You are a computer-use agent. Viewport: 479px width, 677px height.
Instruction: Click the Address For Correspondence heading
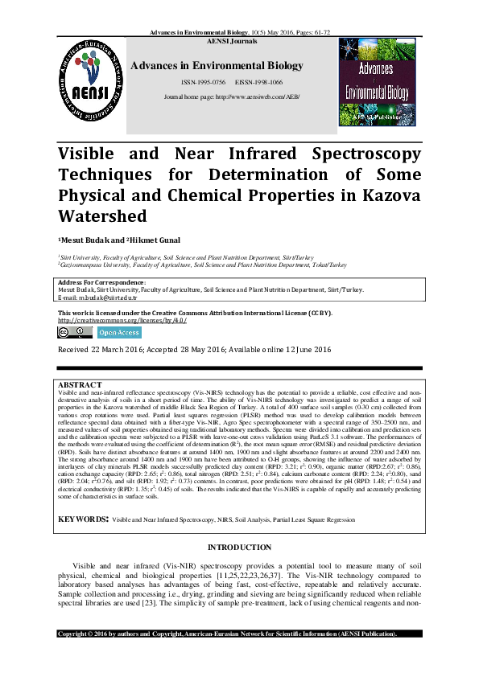pos(101,284)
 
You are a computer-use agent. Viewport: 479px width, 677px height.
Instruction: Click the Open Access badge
pos(119,332)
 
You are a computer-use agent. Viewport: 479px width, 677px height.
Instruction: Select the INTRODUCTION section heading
pos(239,524)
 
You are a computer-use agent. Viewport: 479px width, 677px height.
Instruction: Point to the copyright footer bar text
pos(229,656)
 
